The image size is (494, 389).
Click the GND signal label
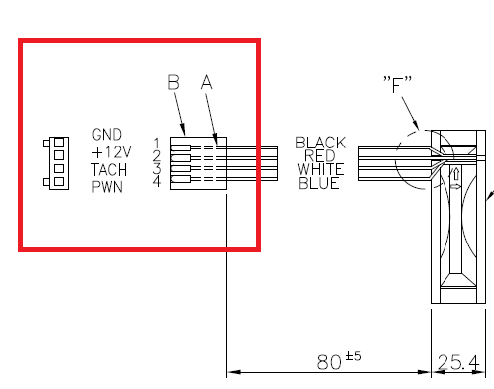[107, 135]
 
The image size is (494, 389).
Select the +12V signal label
[111, 152]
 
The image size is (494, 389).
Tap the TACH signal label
[109, 170]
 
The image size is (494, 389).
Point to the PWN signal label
[107, 187]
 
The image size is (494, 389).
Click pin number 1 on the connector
[157, 144]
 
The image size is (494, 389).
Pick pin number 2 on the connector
[157, 155]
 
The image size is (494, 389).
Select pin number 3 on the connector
[157, 168]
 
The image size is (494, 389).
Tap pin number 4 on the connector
[157, 181]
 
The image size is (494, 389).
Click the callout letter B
[174, 82]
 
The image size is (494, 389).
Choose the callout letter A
[207, 82]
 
